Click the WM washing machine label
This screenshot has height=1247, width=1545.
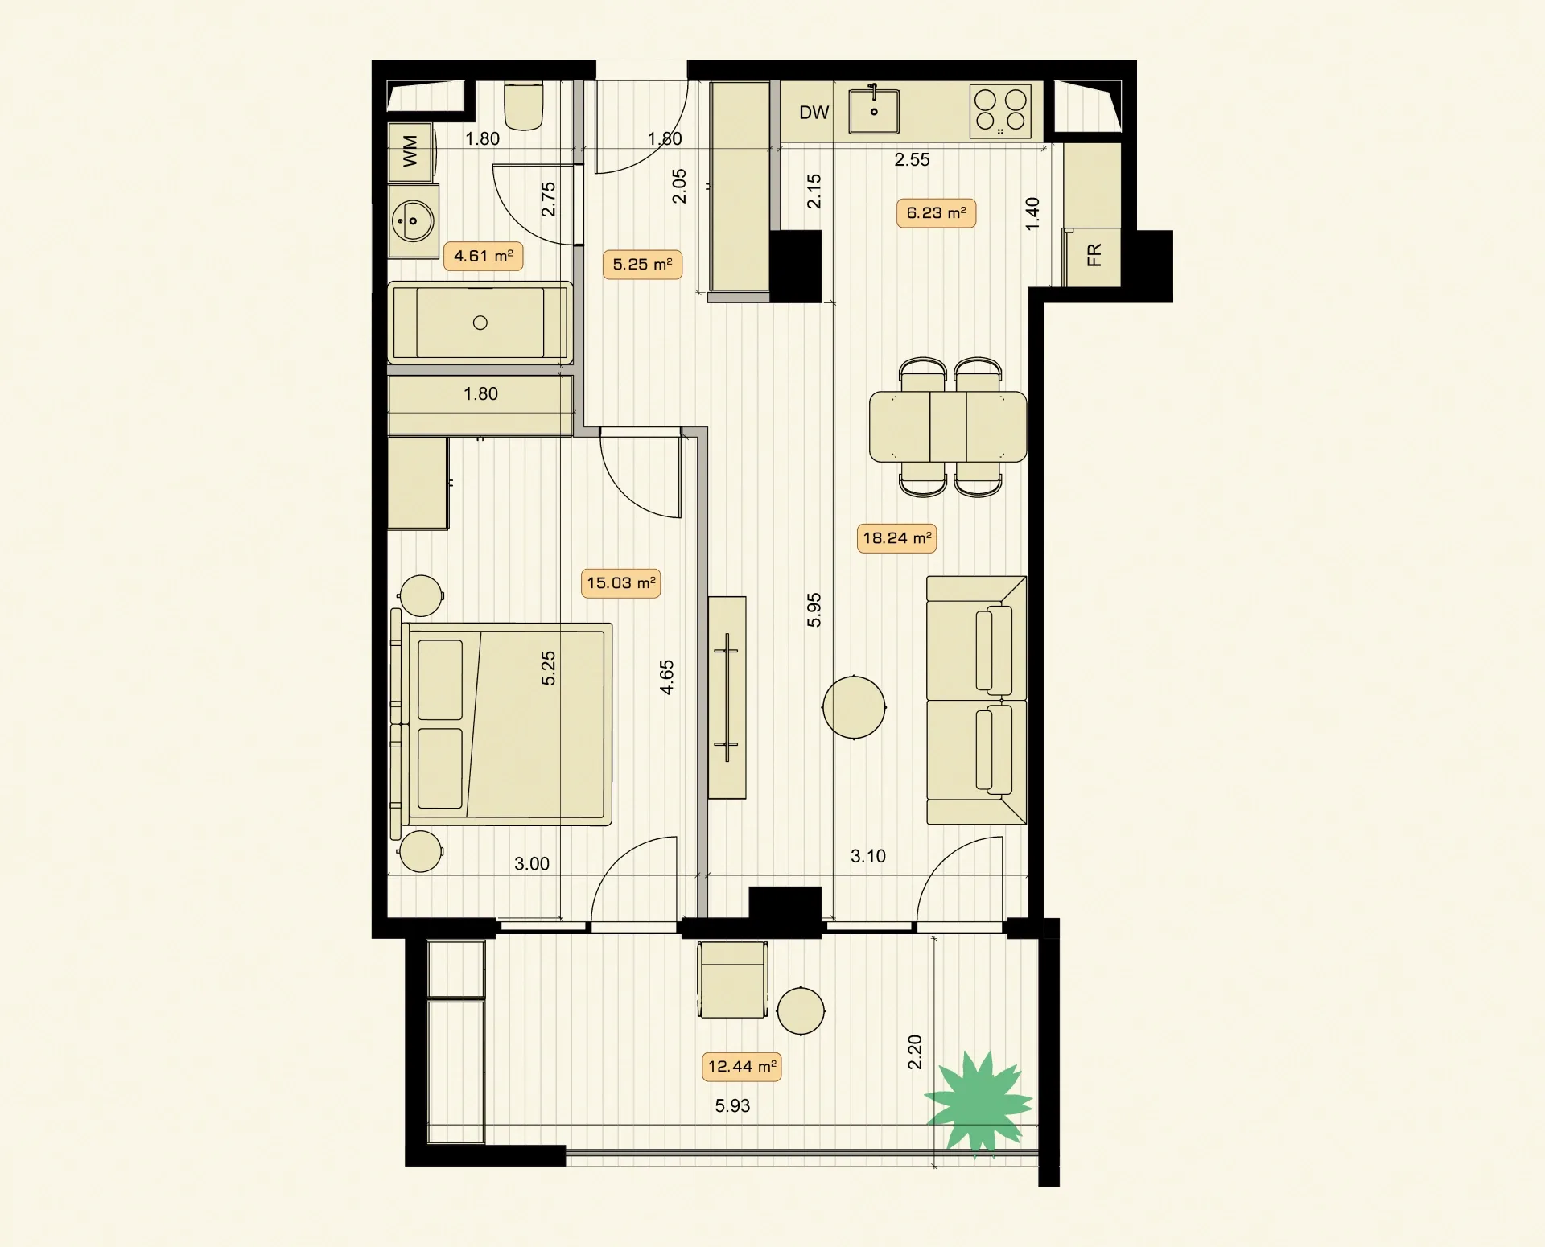click(410, 151)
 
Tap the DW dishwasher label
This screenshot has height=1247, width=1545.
click(814, 113)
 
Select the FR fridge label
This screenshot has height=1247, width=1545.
click(1094, 255)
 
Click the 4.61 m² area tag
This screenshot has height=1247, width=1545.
click(483, 256)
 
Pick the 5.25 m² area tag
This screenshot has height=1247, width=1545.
click(642, 264)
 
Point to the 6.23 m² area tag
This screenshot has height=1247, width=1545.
click(936, 213)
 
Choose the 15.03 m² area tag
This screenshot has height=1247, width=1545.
click(620, 583)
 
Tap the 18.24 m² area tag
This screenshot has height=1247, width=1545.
click(896, 538)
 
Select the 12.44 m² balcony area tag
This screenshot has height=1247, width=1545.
click(742, 1067)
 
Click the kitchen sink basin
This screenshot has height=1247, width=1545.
click(874, 111)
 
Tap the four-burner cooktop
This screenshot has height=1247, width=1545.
click(1000, 111)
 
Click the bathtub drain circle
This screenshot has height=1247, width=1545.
click(480, 323)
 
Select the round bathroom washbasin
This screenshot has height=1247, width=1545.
click(413, 220)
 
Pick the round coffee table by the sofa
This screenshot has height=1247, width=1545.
click(854, 707)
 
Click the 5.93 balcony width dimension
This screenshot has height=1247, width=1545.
click(732, 1106)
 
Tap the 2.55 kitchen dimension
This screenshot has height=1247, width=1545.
click(912, 160)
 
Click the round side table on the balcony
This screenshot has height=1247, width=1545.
click(801, 1010)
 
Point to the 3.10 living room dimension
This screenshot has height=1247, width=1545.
click(868, 857)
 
